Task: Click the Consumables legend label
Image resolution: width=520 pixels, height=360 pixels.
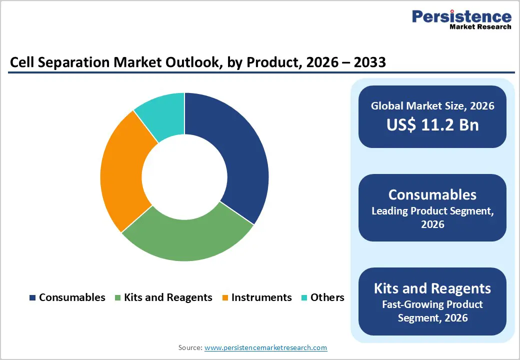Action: tap(72, 297)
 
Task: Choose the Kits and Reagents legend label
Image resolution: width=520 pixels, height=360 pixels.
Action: tap(168, 297)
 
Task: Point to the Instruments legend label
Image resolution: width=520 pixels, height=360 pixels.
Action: tap(261, 297)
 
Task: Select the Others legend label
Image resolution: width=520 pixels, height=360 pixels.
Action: tap(327, 297)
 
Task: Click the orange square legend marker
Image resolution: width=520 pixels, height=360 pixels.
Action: tap(225, 298)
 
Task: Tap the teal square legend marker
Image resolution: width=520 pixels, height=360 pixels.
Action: tap(304, 298)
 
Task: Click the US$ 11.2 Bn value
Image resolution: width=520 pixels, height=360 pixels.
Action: tap(432, 124)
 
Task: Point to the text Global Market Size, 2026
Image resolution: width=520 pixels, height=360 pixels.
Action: tap(432, 105)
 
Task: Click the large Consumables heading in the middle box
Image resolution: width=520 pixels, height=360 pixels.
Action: tap(432, 194)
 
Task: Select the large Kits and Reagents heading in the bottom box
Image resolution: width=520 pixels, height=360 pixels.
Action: tap(432, 288)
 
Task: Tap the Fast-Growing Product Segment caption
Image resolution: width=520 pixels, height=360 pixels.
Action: tap(432, 310)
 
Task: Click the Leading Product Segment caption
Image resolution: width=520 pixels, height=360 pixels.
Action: tap(432, 217)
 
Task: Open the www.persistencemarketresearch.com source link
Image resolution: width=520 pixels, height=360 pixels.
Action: tap(265, 347)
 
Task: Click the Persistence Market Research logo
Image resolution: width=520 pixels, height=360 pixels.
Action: tap(461, 20)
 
